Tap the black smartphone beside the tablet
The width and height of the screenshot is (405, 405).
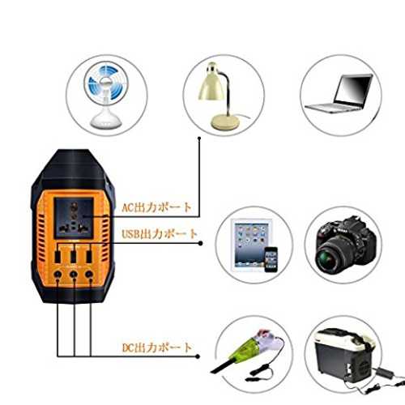coord(271,259)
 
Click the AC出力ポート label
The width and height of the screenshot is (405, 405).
coord(156,207)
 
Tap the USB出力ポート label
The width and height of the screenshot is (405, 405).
coord(160,234)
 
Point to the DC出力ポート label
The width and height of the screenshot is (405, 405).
coord(157,347)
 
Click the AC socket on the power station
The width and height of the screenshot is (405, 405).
coord(74,218)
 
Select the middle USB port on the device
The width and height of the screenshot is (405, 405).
coord(73,257)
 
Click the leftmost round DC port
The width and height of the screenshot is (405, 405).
coord(58,275)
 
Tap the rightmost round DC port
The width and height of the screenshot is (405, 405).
coord(89,275)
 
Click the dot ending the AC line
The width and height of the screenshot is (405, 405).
coord(199,139)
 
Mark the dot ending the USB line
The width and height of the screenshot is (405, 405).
coord(200,244)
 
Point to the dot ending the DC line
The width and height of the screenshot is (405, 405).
coord(198,356)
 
